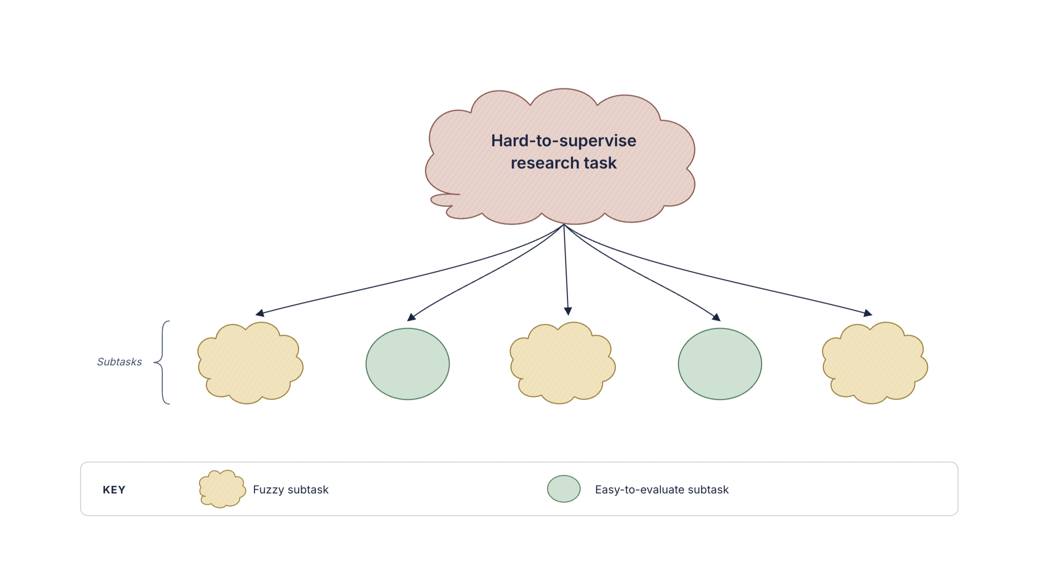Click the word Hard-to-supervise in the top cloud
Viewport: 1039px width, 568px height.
tap(563, 141)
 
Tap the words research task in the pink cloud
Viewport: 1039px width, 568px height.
tap(563, 163)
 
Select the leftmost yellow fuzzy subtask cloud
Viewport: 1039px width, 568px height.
tap(250, 363)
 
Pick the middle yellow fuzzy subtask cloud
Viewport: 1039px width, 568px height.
tap(563, 363)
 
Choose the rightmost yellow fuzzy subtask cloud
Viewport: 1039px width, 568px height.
tap(875, 363)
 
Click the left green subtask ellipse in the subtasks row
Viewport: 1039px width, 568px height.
tap(408, 364)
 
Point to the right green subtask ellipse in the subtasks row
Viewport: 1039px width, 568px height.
tap(720, 364)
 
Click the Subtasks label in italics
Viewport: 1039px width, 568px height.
tap(119, 362)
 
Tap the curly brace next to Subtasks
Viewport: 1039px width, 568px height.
tap(162, 362)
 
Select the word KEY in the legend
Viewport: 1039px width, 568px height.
tap(114, 490)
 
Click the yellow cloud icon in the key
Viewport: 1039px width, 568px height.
tap(222, 489)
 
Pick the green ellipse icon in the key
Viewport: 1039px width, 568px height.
tap(564, 489)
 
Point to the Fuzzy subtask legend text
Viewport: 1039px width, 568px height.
tap(291, 490)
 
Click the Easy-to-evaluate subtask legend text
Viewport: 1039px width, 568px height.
tap(662, 490)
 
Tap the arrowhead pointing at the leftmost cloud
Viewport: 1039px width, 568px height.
tap(260, 313)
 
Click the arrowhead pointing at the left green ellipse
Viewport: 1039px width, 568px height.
tap(411, 317)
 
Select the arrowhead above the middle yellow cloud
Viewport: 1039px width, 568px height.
tap(568, 311)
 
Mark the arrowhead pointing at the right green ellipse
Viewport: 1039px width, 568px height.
tap(716, 317)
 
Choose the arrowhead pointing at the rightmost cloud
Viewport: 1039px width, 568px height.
tap(868, 313)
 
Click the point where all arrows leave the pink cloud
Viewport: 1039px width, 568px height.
tap(564, 225)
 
